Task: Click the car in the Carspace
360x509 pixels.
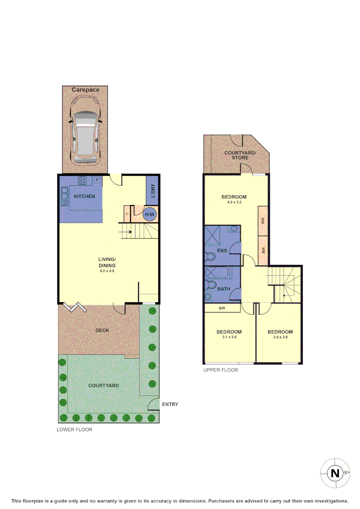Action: pos(85,137)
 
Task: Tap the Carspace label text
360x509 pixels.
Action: pos(85,90)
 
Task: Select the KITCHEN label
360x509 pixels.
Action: pos(84,196)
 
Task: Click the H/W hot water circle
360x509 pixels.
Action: pos(150,215)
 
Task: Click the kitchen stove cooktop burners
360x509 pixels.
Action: pos(82,180)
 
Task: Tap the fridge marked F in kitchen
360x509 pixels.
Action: pos(97,180)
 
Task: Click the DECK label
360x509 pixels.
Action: pos(102,330)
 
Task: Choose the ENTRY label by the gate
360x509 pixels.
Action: pos(170,404)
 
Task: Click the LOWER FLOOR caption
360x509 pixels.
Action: pos(74,429)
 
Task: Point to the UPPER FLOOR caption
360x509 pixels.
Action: pos(221,370)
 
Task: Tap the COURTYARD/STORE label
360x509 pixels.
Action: pos(239,155)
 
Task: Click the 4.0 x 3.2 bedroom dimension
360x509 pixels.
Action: pos(234,203)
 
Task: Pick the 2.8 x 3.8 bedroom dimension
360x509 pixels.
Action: pos(280,337)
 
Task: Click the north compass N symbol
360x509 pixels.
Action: pos(335,473)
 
